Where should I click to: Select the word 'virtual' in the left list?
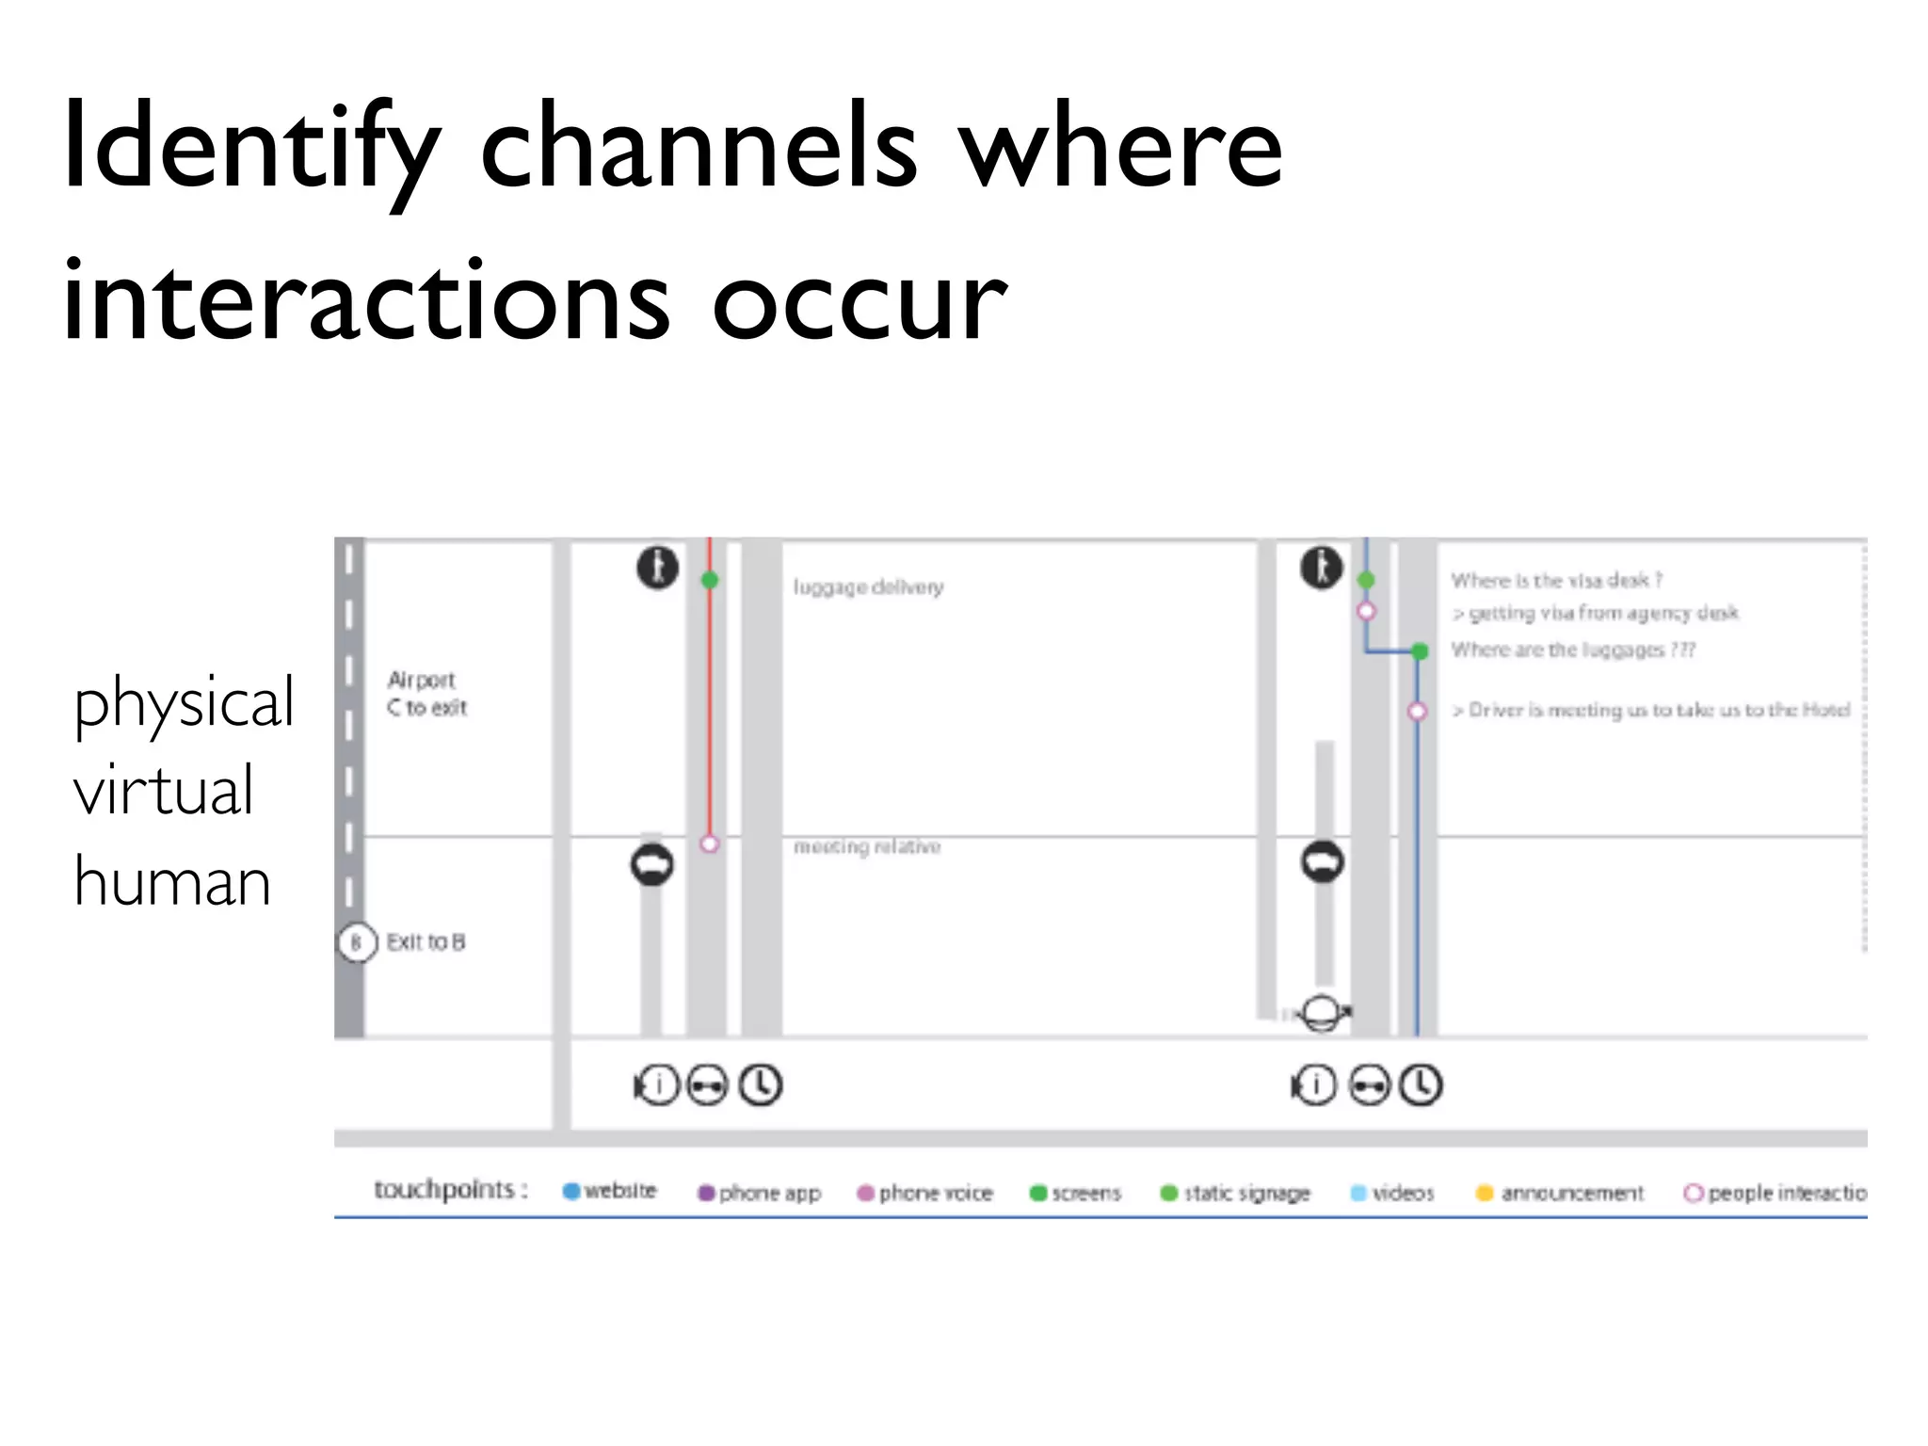coord(164,791)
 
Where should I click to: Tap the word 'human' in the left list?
coord(172,882)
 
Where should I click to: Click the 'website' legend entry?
coord(609,1192)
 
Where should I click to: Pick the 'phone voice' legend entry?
coord(924,1194)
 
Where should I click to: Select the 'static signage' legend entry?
coord(1235,1194)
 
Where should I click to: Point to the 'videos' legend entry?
coord(1392,1194)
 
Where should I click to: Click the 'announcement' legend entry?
coord(1560,1194)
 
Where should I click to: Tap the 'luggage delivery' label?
coord(868,587)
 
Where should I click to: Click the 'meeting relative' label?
coord(867,847)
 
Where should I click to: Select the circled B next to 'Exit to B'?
coord(357,942)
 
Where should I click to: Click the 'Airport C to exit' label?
coord(426,694)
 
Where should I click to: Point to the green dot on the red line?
coord(710,581)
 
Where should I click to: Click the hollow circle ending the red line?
coord(710,844)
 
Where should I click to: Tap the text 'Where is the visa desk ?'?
coord(1556,580)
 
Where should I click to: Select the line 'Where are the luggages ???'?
coord(1572,650)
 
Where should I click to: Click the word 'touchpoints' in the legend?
coord(444,1190)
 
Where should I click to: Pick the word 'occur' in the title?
coord(859,301)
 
